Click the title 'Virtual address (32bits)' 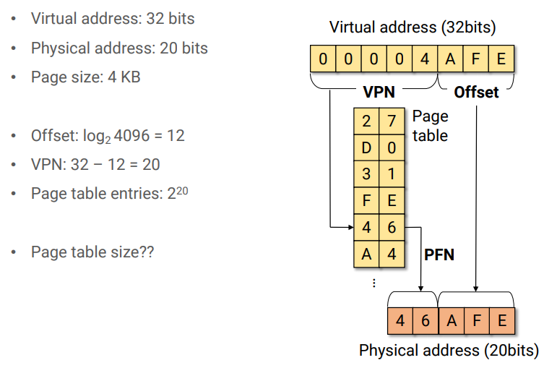click(x=413, y=27)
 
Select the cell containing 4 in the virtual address click(x=424, y=59)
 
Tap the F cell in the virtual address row click(x=475, y=59)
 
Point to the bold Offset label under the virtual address click(x=476, y=93)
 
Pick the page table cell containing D click(x=366, y=148)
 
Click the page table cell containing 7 click(x=392, y=121)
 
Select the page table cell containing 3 click(x=366, y=174)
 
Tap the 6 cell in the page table click(x=392, y=227)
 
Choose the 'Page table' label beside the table click(x=430, y=126)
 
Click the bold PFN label click(x=439, y=254)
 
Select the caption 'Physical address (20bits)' click(x=449, y=351)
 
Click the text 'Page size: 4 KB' click(x=85, y=77)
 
